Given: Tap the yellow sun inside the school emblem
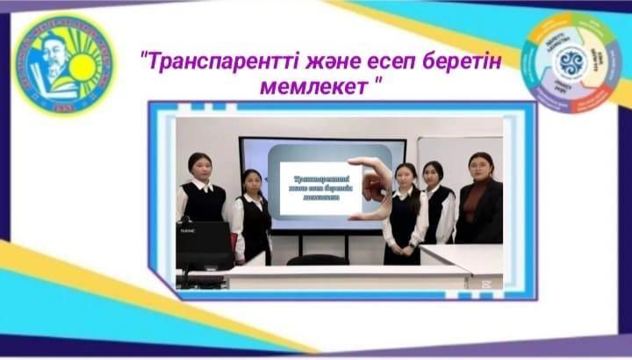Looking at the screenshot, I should pyautogui.click(x=85, y=67).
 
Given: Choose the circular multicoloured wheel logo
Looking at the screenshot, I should pyautogui.click(x=571, y=62).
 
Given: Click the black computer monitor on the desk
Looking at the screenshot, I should pyautogui.click(x=204, y=245).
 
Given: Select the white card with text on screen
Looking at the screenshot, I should pyautogui.click(x=315, y=185).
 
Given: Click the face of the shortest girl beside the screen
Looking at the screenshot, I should pyautogui.click(x=251, y=182).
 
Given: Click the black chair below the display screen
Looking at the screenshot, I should pyautogui.click(x=316, y=259).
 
